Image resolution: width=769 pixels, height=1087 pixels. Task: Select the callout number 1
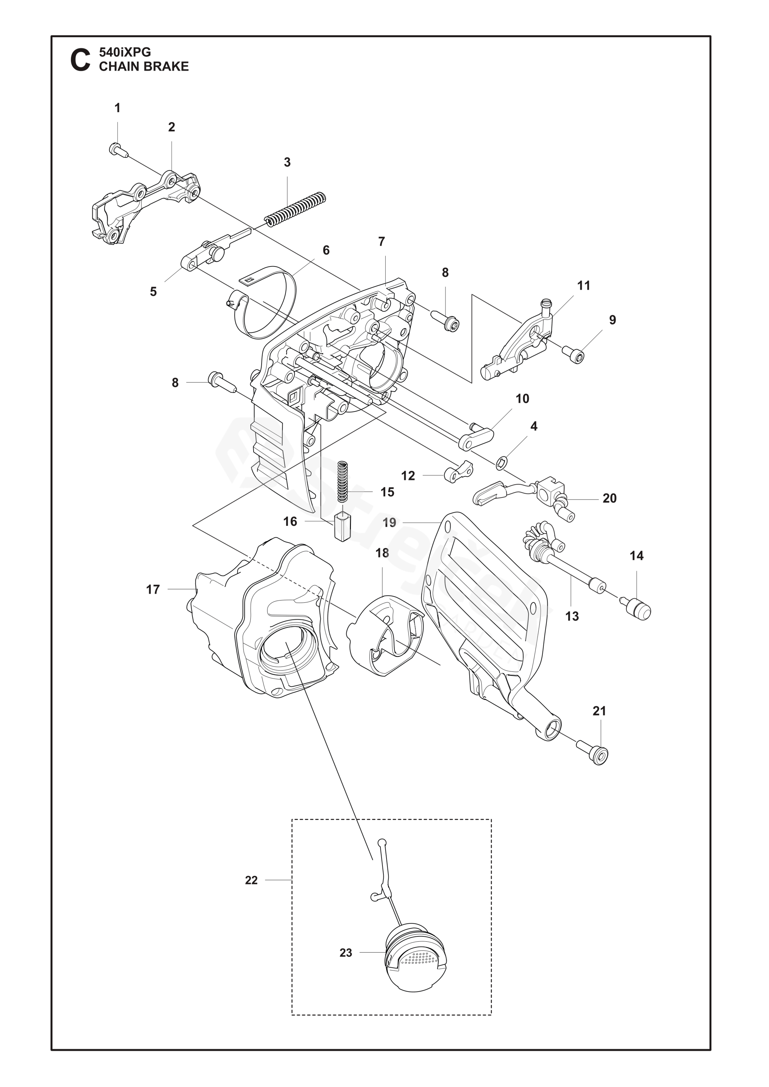117,108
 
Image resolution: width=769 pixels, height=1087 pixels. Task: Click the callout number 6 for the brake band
326,250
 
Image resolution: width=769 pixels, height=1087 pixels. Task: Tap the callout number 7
382,241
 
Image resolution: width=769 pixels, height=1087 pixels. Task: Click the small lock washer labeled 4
501,462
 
